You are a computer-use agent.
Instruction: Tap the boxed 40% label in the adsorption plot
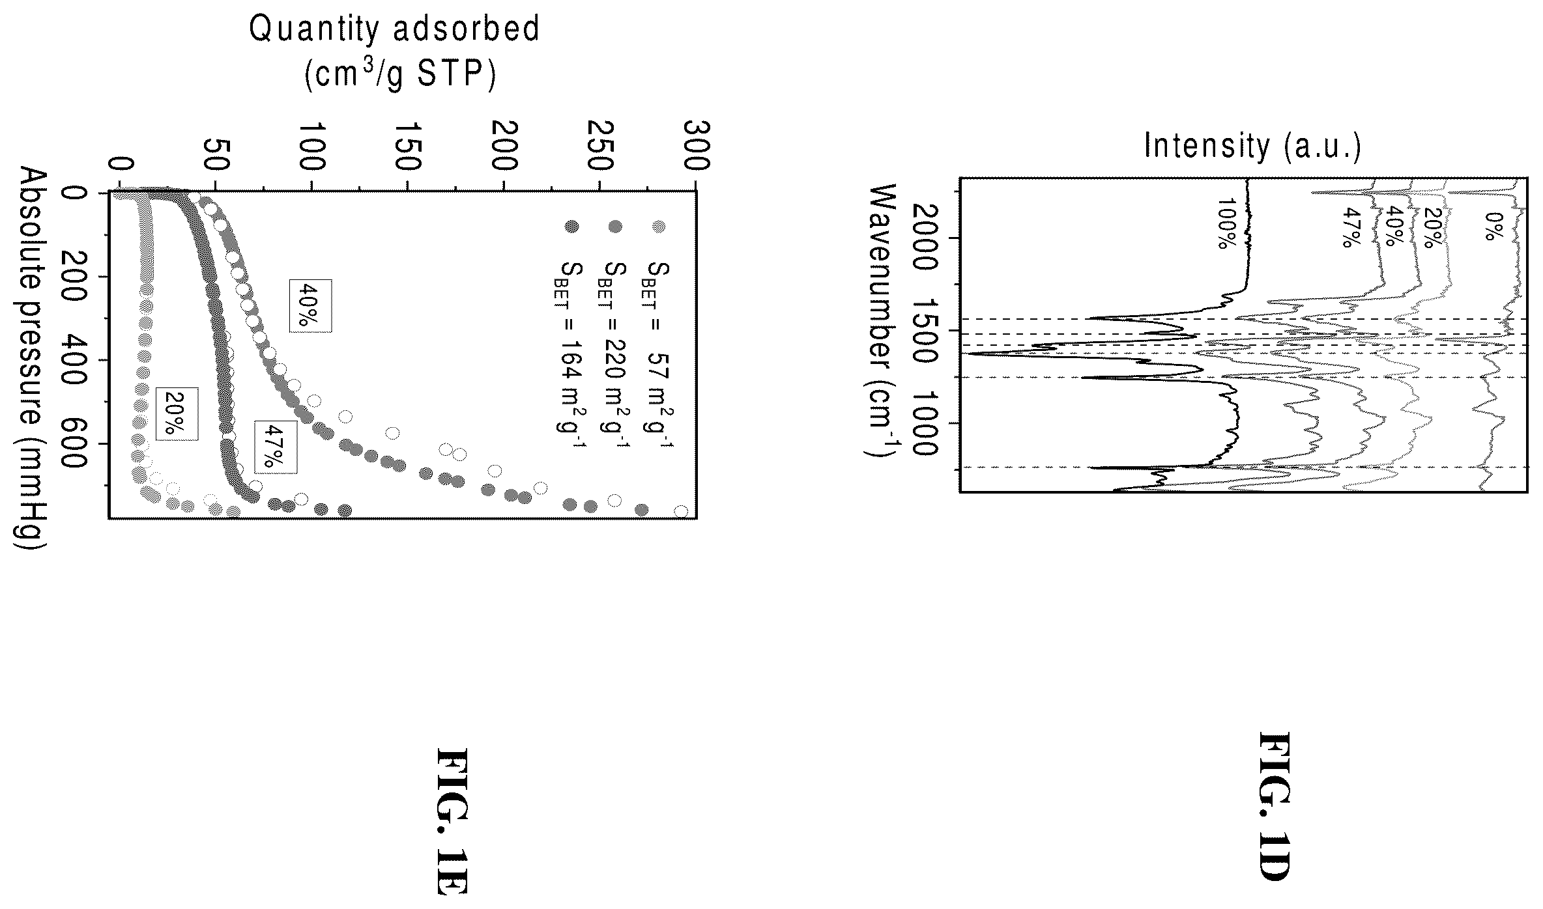tap(311, 306)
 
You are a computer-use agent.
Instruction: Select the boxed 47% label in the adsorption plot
tap(276, 447)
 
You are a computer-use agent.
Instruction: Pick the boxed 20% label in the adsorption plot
tap(176, 414)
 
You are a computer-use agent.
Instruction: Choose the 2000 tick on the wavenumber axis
tap(926, 238)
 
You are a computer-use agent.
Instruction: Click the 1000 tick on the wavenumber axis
tap(926, 423)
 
